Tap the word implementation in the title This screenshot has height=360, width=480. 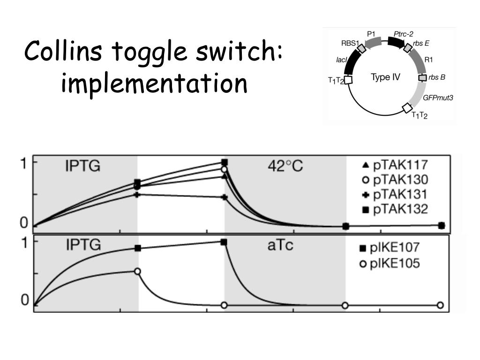[x=154, y=83]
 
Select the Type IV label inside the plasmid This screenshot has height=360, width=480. [x=385, y=77]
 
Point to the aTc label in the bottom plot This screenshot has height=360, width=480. [x=281, y=245]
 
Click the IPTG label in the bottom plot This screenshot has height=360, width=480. [x=82, y=245]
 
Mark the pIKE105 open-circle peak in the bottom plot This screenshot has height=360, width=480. [x=137, y=271]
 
